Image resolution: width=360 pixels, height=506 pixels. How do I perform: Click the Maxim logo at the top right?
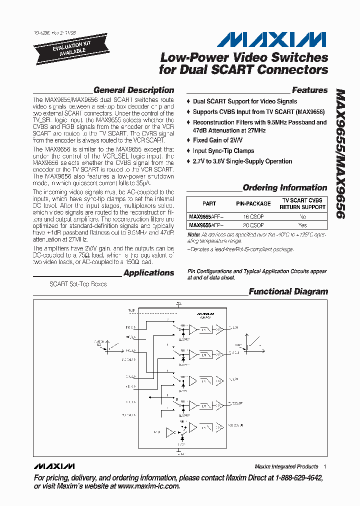pos(273,39)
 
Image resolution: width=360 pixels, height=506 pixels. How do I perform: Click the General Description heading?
pos(133,90)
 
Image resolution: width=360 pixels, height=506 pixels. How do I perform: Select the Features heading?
pos(309,90)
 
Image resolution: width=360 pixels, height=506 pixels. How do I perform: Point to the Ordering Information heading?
pos(284,188)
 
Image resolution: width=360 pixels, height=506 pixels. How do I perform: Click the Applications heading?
pos(148,273)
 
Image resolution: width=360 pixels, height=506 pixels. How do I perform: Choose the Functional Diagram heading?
pos(288,291)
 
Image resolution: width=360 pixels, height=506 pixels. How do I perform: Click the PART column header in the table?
pos(209,203)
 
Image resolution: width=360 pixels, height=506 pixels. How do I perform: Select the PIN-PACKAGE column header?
pos(253,203)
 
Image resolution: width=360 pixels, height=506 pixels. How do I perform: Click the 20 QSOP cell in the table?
pos(253,225)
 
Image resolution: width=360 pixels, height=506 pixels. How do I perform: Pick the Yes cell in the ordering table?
pos(302,225)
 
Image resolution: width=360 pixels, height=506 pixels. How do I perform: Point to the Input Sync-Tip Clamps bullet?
pos(223,150)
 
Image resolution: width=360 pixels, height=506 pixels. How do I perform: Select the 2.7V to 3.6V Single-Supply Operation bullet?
pos(242,161)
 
